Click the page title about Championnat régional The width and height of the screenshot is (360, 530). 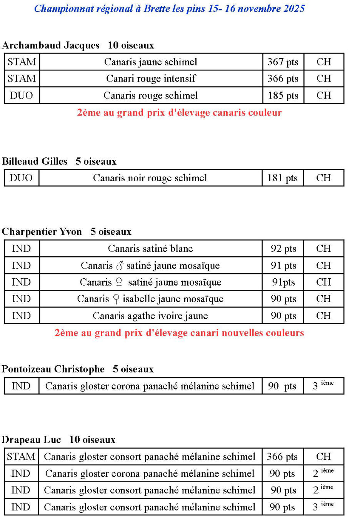coord(169,8)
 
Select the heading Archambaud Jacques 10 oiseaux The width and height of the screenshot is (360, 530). coord(78,45)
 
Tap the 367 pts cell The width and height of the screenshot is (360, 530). coord(283,62)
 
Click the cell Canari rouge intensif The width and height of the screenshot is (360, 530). coord(151,79)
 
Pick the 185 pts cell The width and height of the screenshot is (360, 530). coord(283,95)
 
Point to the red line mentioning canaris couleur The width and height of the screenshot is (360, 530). coord(179,113)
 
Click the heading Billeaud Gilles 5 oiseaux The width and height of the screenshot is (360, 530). coord(59,161)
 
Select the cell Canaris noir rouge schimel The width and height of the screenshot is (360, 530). coord(150,178)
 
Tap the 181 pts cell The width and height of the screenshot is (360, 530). coord(282,178)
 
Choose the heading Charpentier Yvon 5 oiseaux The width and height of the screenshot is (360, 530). coord(66,232)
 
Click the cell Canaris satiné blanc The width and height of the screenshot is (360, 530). coord(150,249)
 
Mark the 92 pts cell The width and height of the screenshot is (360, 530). coord(283,249)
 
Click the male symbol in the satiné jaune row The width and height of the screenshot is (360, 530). coord(120,266)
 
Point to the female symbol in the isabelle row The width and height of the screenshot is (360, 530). coord(116,299)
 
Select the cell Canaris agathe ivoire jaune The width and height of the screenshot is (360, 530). coord(150,316)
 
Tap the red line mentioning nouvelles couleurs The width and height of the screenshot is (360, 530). coord(179,333)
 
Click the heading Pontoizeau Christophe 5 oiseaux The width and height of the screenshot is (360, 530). coord(77,369)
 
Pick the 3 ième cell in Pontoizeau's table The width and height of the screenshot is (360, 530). coord(323,386)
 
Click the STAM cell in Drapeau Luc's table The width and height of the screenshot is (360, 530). coord(21,456)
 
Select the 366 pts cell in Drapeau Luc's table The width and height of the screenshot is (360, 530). coord(282,456)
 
